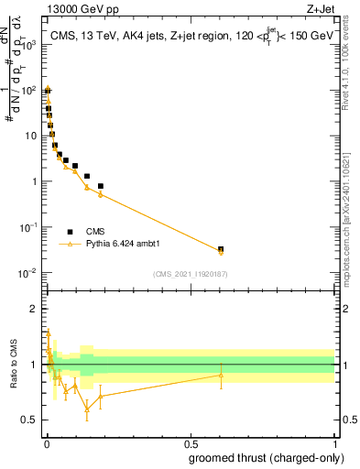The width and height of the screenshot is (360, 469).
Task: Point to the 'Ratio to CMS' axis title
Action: pos(12,363)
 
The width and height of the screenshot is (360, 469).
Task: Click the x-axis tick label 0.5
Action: pos(191,443)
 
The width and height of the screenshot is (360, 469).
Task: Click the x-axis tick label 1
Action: pos(334,443)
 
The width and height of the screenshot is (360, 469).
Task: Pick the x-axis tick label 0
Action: pos(47,443)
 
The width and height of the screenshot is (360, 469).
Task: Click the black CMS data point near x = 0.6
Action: pos(221,249)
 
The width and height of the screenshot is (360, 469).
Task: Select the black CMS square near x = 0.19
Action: pos(101,186)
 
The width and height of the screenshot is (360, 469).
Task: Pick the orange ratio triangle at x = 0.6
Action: pos(221,375)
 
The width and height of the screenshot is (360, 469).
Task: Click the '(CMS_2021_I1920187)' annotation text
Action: pos(191,274)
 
